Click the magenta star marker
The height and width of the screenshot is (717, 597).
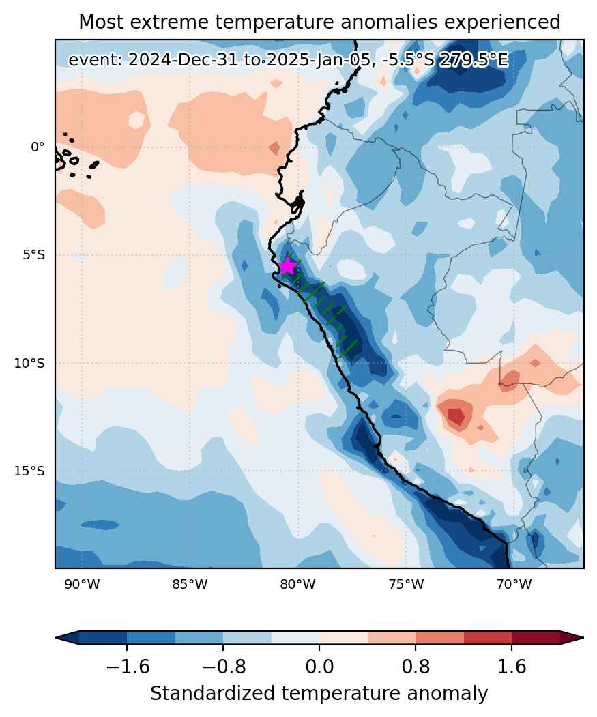287,265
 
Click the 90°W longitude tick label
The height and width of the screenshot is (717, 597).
82,585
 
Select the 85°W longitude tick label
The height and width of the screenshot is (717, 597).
190,585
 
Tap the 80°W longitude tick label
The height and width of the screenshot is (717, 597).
297,585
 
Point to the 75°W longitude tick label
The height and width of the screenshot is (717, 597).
406,585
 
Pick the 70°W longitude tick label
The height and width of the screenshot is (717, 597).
514,585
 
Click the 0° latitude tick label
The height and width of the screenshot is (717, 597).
38,147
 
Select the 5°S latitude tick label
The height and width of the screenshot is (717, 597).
34,254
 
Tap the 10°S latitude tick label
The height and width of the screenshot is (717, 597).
30,363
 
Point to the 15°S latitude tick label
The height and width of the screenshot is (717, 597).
30,471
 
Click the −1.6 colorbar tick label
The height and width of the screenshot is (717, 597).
127,667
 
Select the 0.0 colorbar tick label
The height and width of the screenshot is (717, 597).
319,667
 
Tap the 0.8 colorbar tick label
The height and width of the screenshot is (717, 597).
416,667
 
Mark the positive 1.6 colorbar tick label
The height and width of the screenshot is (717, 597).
512,667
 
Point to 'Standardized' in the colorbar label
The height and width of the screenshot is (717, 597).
212,694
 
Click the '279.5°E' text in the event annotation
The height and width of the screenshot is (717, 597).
474,60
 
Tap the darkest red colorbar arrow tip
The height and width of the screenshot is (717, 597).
583,637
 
